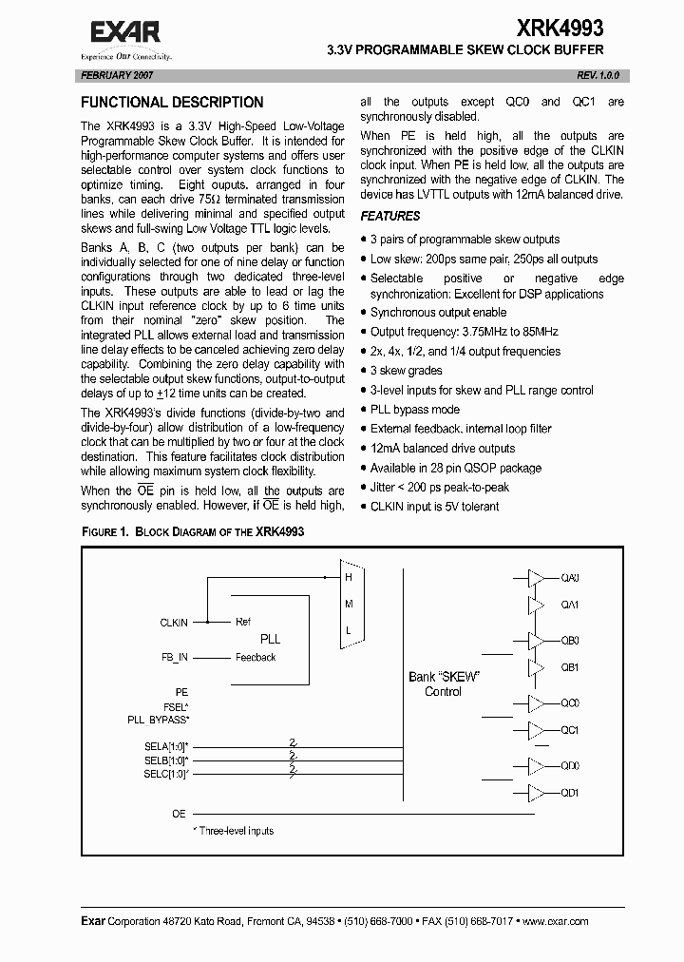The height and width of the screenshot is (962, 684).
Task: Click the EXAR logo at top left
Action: click(126, 34)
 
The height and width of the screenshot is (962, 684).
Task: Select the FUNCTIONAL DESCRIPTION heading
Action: click(172, 103)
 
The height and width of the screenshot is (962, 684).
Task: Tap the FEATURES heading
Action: click(389, 216)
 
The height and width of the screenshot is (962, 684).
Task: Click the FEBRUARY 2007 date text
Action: click(118, 74)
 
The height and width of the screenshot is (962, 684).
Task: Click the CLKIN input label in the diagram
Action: click(174, 623)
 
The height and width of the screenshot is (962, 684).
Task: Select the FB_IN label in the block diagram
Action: click(175, 657)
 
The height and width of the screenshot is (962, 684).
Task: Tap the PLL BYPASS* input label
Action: click(158, 720)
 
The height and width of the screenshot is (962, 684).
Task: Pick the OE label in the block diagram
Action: click(179, 814)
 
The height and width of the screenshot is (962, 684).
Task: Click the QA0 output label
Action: click(570, 578)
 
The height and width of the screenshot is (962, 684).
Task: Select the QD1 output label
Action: click(570, 793)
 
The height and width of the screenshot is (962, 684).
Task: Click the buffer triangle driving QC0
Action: click(537, 703)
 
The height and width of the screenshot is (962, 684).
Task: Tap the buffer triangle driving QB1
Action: click(537, 667)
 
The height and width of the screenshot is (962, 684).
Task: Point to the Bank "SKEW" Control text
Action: click(443, 683)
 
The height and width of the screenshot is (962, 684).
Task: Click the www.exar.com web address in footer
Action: click(555, 921)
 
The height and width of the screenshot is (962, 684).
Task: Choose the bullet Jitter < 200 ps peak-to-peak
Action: click(439, 487)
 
